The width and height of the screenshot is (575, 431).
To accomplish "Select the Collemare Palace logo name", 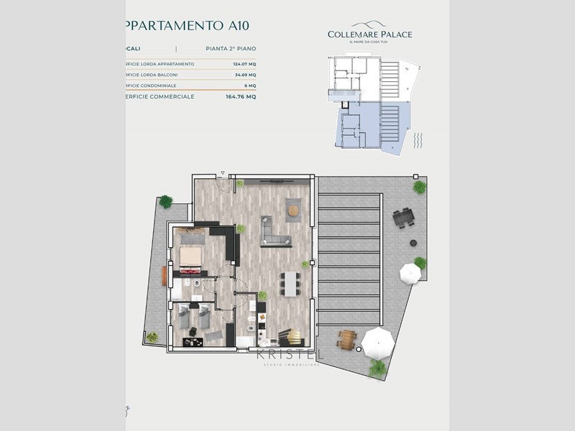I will (369, 34).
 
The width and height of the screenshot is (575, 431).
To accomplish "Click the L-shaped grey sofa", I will (275, 230).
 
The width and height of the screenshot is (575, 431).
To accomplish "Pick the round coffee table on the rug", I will (293, 210).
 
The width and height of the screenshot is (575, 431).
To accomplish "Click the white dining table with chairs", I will (290, 283).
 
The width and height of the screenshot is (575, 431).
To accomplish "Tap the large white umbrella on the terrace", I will (378, 343).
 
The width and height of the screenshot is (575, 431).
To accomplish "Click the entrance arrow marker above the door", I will (224, 173).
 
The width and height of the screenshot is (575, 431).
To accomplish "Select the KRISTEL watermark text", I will (290, 355).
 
